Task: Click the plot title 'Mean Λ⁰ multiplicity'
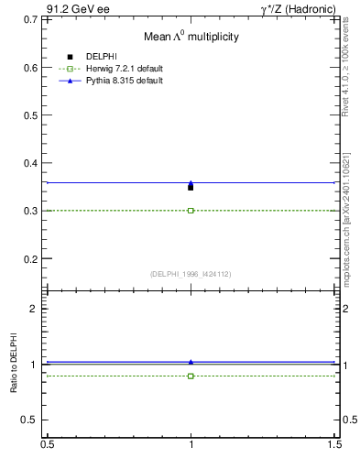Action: [191, 38]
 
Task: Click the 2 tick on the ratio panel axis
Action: [37, 309]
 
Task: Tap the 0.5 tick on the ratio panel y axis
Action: [32, 420]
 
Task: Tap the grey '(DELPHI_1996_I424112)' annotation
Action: [191, 274]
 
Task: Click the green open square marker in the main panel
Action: [191, 211]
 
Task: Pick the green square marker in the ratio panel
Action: [191, 376]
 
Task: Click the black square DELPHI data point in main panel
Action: [191, 187]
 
